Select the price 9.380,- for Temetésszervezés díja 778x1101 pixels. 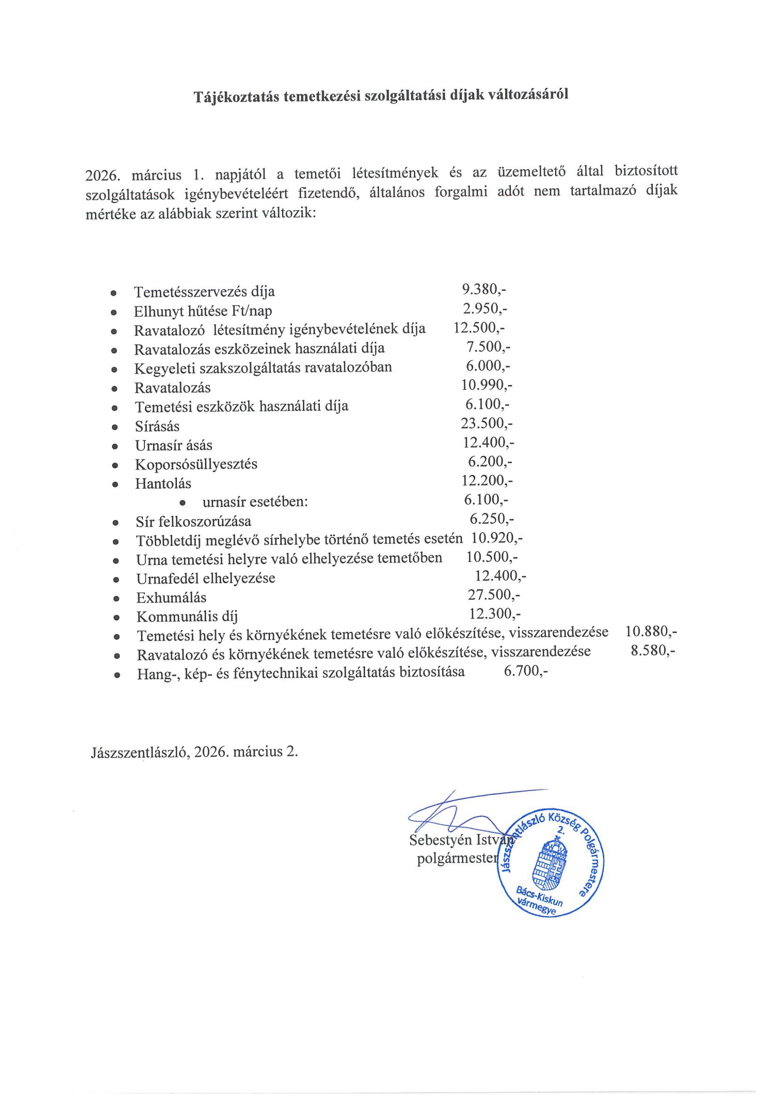coord(484,289)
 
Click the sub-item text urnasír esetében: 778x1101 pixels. coord(255,502)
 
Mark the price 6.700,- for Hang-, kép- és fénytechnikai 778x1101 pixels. coord(525,671)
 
